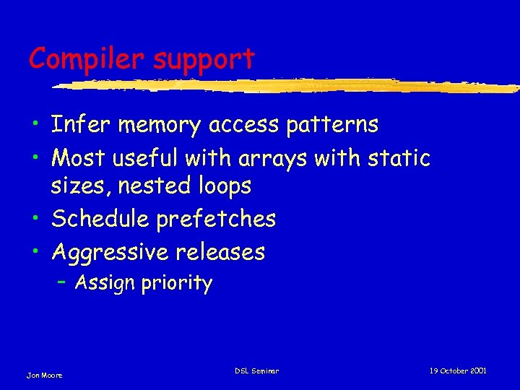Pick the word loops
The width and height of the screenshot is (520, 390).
pos(225,187)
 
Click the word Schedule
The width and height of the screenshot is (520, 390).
pos(101,218)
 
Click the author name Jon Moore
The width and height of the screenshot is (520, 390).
pos(44,375)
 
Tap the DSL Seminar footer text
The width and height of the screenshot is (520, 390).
pos(256,371)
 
